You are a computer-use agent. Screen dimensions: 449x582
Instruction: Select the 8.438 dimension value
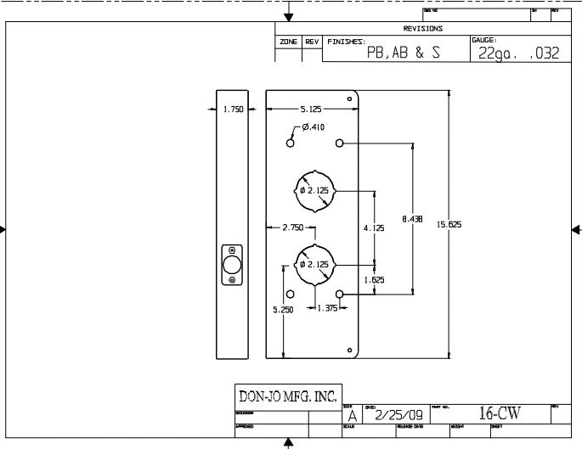pyautogui.click(x=413, y=218)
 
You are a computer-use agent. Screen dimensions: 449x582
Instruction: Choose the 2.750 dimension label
pyautogui.click(x=292, y=227)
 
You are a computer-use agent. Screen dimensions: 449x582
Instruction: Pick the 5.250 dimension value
pyautogui.click(x=283, y=310)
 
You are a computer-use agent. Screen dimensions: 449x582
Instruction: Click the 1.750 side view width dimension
pyautogui.click(x=233, y=109)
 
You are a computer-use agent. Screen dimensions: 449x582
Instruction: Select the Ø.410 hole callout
pyautogui.click(x=312, y=127)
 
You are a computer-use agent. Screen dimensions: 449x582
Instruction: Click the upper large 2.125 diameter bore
pyautogui.click(x=314, y=189)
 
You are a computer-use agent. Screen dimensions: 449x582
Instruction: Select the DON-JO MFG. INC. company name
pyautogui.click(x=288, y=396)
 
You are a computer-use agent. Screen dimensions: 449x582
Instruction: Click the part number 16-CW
pyautogui.click(x=499, y=413)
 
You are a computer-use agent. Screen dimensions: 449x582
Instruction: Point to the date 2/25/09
pyautogui.click(x=398, y=415)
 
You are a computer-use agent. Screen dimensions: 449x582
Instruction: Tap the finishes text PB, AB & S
pyautogui.click(x=403, y=52)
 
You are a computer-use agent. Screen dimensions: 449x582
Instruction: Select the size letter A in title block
pyautogui.click(x=352, y=416)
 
